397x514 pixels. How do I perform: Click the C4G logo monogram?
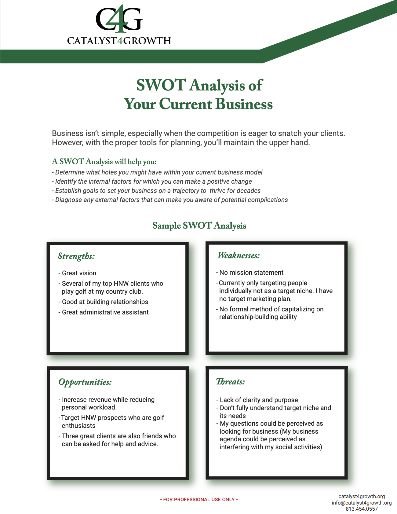(x=119, y=19)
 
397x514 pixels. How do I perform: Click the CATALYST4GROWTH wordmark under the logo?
(x=119, y=41)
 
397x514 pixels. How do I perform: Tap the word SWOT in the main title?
(x=161, y=85)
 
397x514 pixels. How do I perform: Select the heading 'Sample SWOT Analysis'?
(x=199, y=226)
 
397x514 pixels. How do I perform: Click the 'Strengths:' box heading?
(x=76, y=256)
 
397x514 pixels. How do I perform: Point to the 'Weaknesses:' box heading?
(x=239, y=255)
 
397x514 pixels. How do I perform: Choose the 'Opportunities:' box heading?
(x=85, y=382)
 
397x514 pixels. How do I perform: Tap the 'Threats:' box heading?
(x=230, y=382)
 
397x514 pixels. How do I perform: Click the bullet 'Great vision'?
(x=79, y=273)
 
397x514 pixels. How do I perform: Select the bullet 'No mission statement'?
(x=251, y=273)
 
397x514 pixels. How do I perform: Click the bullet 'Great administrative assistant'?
(x=105, y=312)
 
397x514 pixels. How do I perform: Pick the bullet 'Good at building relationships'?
(x=105, y=302)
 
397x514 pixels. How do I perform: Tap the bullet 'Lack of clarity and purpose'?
(x=259, y=400)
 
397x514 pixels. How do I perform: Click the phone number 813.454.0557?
(x=362, y=509)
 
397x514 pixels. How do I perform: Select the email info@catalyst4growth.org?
(x=362, y=503)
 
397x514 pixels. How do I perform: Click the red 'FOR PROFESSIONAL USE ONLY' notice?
(x=199, y=499)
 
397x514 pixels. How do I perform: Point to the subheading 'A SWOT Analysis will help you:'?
(x=104, y=162)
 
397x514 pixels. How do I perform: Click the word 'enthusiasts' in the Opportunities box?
(x=78, y=426)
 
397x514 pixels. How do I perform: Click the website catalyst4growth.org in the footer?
(x=362, y=496)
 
